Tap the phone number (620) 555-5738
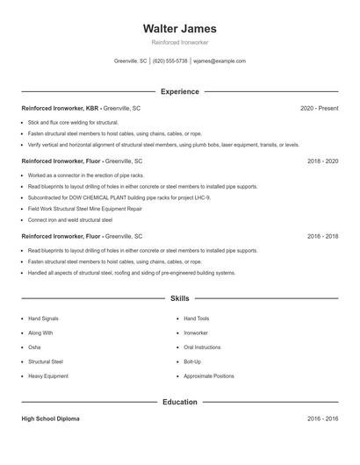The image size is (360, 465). tap(170, 61)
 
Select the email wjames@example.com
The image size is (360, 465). tap(220, 61)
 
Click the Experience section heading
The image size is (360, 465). tap(179, 91)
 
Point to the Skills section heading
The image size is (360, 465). tap(179, 299)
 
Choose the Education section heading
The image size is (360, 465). tap(179, 402)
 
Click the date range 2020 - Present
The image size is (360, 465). tap(319, 109)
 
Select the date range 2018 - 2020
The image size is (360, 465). tap(322, 161)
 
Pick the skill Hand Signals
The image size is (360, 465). tap(43, 318)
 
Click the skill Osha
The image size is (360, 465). tap(35, 347)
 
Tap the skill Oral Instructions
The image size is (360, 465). tap(202, 347)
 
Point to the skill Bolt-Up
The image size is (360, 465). tap(192, 361)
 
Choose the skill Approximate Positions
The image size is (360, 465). tap(209, 376)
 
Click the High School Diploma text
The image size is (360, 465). tap(50, 419)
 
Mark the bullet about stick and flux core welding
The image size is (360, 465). tap(73, 122)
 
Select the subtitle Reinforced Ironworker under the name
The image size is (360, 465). tap(179, 42)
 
